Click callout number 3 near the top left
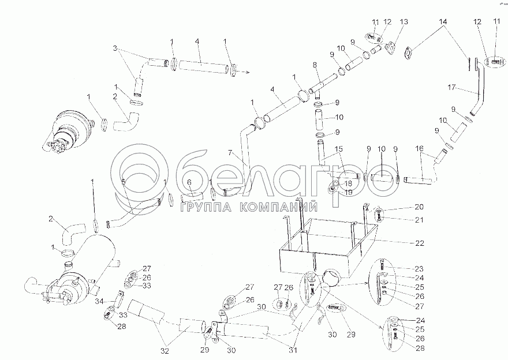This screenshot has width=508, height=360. tap(115, 48)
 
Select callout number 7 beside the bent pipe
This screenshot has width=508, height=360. tap(230, 153)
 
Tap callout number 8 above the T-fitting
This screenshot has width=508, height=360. tap(315, 64)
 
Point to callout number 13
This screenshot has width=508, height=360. tap(404, 22)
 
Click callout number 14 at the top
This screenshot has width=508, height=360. tap(443, 22)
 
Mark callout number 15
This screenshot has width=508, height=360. tap(338, 149)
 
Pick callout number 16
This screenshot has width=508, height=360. tap(419, 149)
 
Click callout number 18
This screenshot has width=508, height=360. tap(348, 183)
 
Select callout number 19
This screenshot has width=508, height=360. tap(348, 192)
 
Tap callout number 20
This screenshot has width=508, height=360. tap(419, 207)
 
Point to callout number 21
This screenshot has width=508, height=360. tap(419, 220)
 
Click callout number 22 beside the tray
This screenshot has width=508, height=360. tap(419, 243)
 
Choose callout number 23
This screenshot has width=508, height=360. tap(419, 269)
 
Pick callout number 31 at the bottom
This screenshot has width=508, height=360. tap(293, 350)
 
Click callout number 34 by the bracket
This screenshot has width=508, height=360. tap(99, 302)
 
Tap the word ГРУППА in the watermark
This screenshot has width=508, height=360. tap(206, 208)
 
